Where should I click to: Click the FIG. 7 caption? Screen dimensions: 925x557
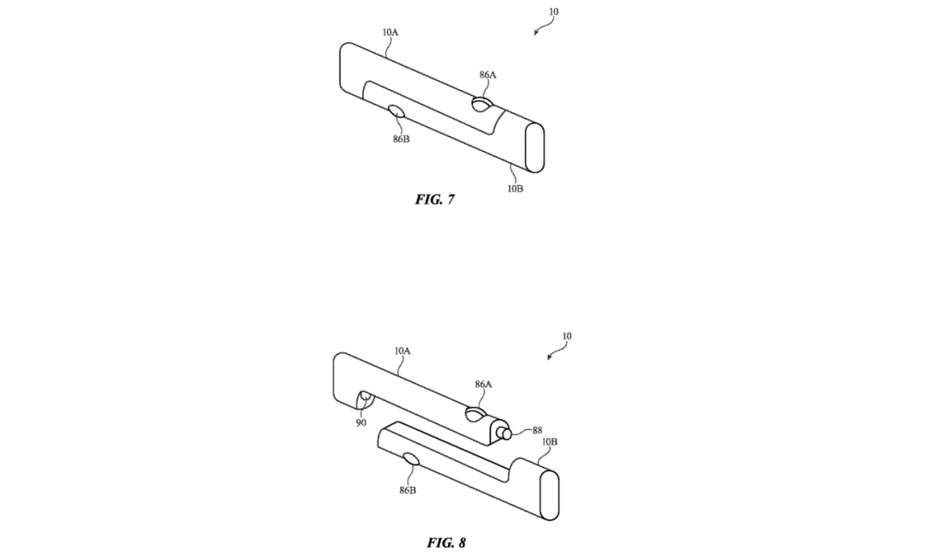435,200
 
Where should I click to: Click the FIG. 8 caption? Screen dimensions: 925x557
446,542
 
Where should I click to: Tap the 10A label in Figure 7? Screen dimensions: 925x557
391,33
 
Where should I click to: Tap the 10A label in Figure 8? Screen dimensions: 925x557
403,350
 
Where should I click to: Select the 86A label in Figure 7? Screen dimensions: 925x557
488,75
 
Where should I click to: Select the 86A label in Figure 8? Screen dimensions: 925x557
483,384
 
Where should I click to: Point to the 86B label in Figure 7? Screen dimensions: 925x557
401,139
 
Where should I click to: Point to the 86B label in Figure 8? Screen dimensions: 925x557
408,490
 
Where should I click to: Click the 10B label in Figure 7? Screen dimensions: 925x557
515,189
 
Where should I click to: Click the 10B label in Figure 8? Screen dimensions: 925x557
549,441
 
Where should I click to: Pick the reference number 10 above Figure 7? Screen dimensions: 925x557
553,12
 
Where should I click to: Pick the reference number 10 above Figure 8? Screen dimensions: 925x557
566,336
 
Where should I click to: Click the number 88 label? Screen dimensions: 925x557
537,431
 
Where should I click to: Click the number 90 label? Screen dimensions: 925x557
361,422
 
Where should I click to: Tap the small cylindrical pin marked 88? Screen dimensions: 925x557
504,433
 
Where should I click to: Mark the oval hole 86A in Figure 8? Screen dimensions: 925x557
475,414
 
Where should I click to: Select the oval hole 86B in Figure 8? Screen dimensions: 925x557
410,459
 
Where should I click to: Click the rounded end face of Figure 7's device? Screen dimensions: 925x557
534,147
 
